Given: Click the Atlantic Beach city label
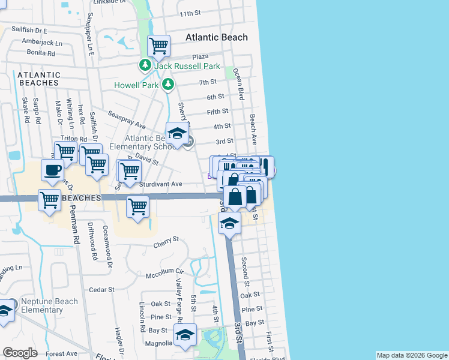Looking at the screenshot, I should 216,37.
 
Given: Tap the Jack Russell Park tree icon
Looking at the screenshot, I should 145,65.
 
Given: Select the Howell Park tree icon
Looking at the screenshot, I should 169,84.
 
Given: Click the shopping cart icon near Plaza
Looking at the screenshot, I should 158,45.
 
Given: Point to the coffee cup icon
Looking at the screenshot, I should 52,169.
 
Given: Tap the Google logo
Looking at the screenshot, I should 20,353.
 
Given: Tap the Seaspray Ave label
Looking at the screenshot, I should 127,119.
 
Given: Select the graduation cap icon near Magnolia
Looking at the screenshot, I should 185,334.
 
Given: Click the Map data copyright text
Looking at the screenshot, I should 411,355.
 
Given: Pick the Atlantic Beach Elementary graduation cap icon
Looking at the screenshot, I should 177,133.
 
